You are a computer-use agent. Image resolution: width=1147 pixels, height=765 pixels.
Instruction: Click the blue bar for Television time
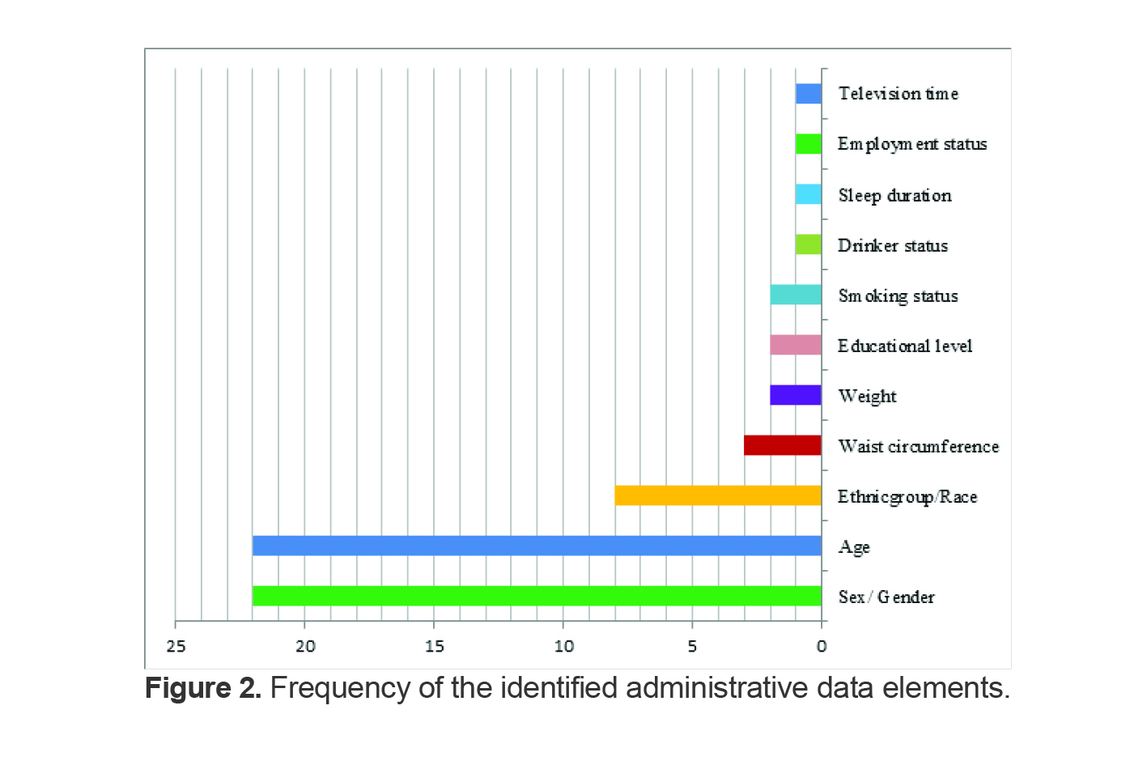click(x=808, y=94)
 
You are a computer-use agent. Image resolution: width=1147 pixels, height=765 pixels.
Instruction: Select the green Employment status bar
click(x=808, y=144)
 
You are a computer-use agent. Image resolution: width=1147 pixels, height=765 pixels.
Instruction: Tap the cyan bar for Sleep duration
click(x=808, y=194)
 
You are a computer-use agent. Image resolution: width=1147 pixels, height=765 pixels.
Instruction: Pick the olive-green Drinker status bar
click(x=808, y=244)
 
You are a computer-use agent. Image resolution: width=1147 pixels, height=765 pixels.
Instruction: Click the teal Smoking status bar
click(x=795, y=295)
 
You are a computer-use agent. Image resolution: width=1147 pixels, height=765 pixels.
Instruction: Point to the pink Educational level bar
click(x=795, y=345)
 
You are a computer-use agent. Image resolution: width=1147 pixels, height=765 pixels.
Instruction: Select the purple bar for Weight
click(x=795, y=395)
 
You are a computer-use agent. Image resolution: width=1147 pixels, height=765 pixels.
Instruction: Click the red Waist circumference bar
click(x=782, y=445)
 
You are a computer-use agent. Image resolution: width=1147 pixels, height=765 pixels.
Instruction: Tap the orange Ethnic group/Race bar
click(x=717, y=495)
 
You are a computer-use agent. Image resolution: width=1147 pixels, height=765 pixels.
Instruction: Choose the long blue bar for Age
click(x=537, y=546)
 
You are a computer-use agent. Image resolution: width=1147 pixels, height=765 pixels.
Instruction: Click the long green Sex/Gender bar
click(x=537, y=596)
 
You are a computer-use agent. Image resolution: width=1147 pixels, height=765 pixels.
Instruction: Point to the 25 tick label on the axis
click(x=176, y=646)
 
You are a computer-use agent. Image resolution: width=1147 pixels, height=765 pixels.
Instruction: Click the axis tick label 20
click(x=305, y=646)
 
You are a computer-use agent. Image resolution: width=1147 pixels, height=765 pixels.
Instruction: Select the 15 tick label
click(x=435, y=646)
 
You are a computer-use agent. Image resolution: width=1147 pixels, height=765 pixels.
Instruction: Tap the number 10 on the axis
click(x=563, y=646)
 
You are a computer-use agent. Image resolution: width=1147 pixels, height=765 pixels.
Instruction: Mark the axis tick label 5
click(x=692, y=646)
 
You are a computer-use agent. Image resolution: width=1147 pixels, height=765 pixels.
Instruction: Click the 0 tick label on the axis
click(x=822, y=646)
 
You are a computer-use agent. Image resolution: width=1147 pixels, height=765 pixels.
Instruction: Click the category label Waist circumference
click(x=918, y=446)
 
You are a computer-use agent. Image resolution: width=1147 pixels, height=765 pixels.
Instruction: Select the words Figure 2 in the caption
click(x=202, y=688)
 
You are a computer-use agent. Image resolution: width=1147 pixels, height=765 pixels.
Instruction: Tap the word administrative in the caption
click(x=716, y=688)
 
